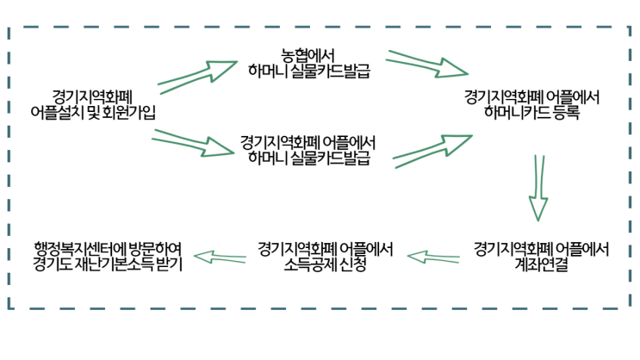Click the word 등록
click(564, 111)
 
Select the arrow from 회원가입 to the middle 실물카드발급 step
click(194, 142)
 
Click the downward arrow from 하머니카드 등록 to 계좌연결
click(539, 188)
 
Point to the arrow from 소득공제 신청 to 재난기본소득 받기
click(221, 256)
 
